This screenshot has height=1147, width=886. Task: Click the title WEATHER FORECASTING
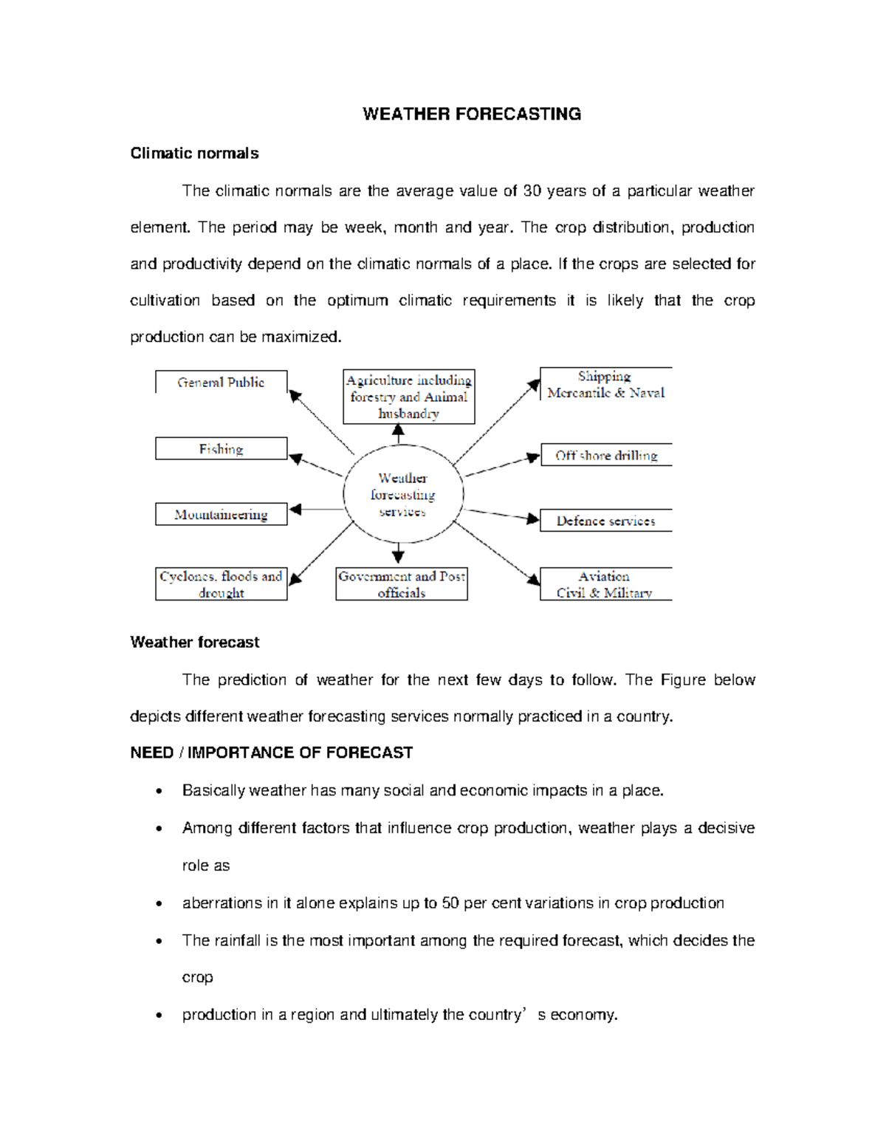471,114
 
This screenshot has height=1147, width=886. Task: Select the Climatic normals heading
194,154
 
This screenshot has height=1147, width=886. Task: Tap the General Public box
221,382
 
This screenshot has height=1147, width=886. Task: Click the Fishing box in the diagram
221,448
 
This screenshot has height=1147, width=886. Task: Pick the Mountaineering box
221,514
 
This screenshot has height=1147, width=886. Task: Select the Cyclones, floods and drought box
221,583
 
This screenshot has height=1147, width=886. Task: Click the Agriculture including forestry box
408,397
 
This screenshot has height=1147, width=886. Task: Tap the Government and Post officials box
402,583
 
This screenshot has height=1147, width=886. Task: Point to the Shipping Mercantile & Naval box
605,384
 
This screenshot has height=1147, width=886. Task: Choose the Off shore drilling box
605,455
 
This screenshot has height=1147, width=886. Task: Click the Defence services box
605,521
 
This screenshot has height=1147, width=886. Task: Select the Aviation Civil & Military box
605,583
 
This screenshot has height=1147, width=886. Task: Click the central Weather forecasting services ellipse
403,494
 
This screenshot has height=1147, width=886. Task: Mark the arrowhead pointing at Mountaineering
295,510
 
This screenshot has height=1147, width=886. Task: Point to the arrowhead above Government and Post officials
398,556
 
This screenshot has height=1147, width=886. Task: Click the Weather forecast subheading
194,643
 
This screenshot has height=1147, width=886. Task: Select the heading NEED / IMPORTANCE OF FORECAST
271,753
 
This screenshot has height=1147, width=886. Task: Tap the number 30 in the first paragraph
532,191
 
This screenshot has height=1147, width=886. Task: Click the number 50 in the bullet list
450,903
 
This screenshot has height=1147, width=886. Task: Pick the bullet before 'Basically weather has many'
159,792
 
